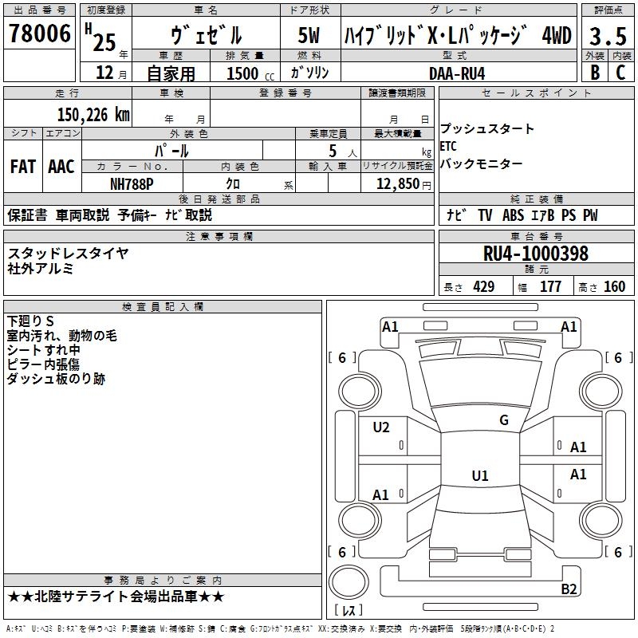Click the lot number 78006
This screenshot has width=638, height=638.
[39, 33]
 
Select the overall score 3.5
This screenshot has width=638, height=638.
[608, 36]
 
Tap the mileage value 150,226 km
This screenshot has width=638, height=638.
[93, 115]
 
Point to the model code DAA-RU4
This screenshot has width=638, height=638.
[457, 73]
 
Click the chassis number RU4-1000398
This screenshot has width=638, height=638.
[535, 254]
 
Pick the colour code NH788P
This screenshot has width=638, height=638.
[132, 184]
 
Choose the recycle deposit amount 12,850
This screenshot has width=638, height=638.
[398, 184]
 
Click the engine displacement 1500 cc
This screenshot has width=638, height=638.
[250, 73]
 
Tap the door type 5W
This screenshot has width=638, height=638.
[309, 35]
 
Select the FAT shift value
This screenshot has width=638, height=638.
[23, 167]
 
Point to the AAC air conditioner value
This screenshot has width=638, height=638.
[61, 167]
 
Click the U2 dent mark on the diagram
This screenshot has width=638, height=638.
[381, 427]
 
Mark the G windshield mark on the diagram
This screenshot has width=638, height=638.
[504, 420]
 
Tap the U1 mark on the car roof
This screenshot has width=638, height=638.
[480, 475]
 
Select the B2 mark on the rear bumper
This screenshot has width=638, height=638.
[569, 589]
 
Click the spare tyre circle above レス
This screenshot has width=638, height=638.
[349, 583]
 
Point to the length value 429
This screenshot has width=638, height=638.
[484, 287]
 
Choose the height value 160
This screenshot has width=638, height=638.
[614, 287]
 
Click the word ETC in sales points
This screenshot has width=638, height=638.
[448, 146]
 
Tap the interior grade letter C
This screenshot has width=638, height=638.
[620, 73]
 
